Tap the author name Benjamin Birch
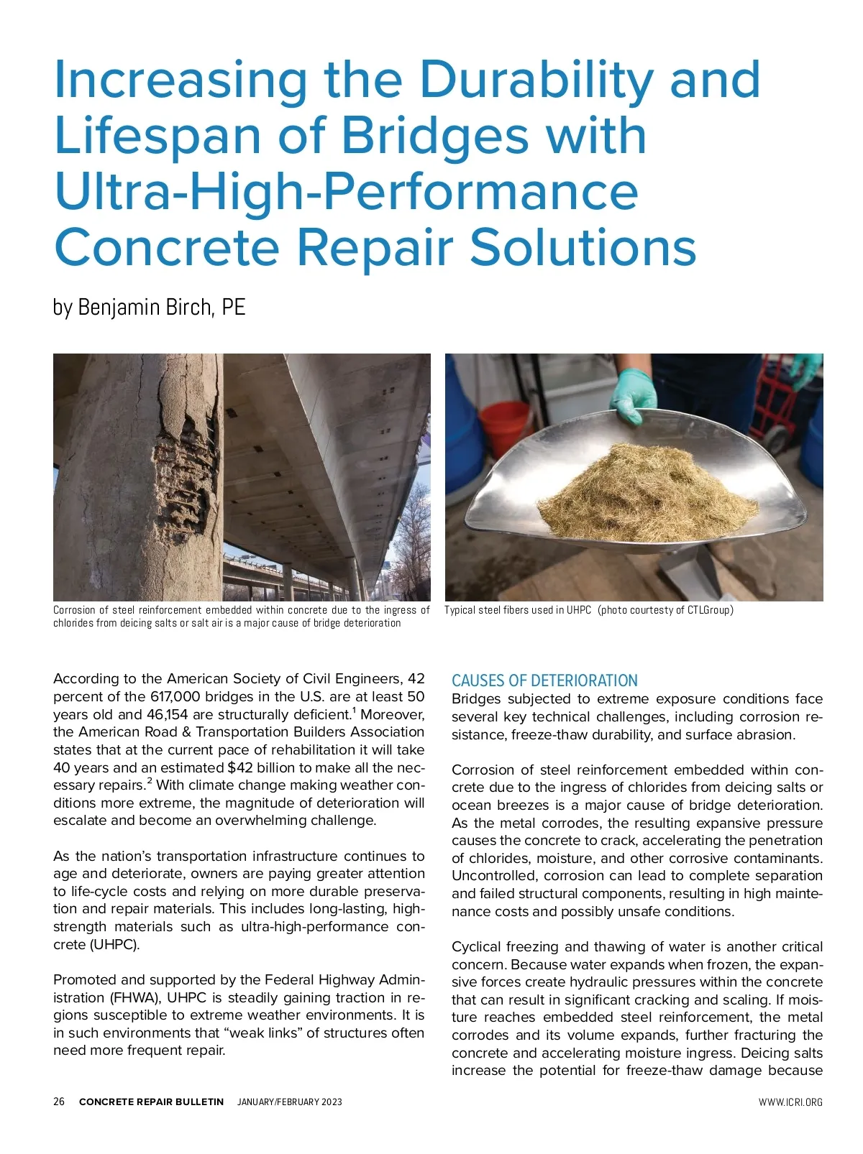pos(144,308)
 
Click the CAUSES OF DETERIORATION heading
pos(544,680)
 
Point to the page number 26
pos(59,1102)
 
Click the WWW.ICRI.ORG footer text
pos(790,1102)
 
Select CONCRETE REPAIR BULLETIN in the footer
pos(151,1102)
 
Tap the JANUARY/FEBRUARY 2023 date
pos(290,1102)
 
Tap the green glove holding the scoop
pos(633,394)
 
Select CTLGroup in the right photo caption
pos(708,610)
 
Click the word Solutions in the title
pos(583,247)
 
